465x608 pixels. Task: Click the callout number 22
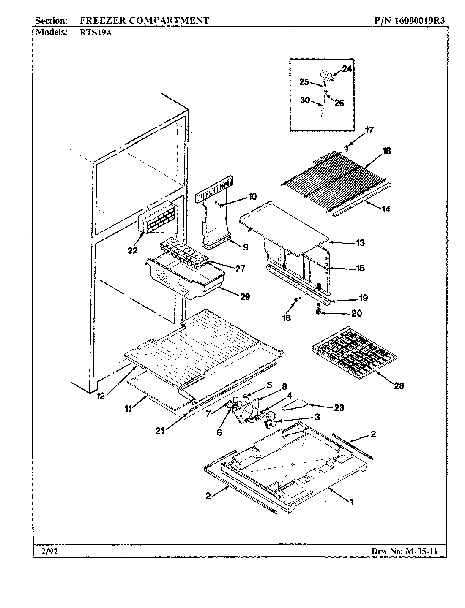pos(132,250)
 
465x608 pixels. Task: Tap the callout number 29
pos(245,297)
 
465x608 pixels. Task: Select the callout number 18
pos(387,151)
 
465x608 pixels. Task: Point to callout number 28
pos(399,385)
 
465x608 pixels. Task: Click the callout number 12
pos(100,396)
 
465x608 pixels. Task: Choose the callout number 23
pos(339,407)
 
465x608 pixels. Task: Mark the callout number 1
pos(351,502)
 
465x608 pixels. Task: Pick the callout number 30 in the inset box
pos(305,100)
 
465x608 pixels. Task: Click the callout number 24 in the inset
pos(347,69)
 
